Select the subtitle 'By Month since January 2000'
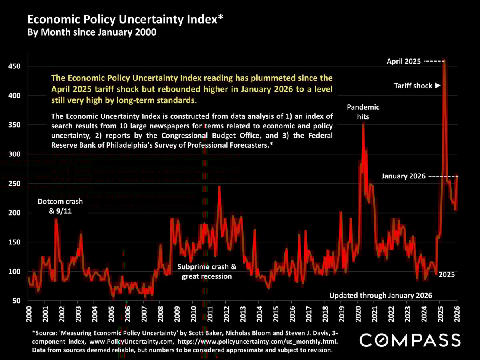click(92, 32)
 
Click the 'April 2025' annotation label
click(404, 62)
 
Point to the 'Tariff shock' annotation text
click(413, 86)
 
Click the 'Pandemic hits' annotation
click(363, 112)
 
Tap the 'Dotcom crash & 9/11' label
click(60, 206)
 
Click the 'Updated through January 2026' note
click(381, 296)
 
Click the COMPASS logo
click(410, 340)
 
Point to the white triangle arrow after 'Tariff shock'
click(438, 86)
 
